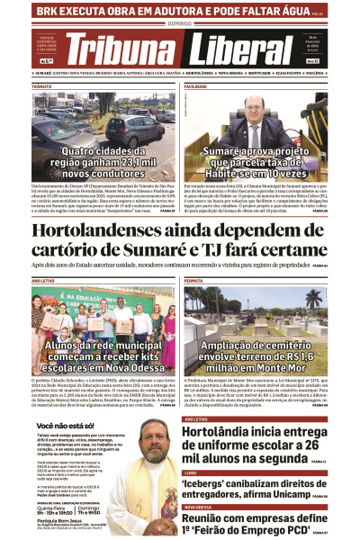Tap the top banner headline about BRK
[x=166, y=12]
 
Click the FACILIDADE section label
[x=196, y=86]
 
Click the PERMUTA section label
[x=193, y=282]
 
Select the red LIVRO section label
[x=190, y=472]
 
